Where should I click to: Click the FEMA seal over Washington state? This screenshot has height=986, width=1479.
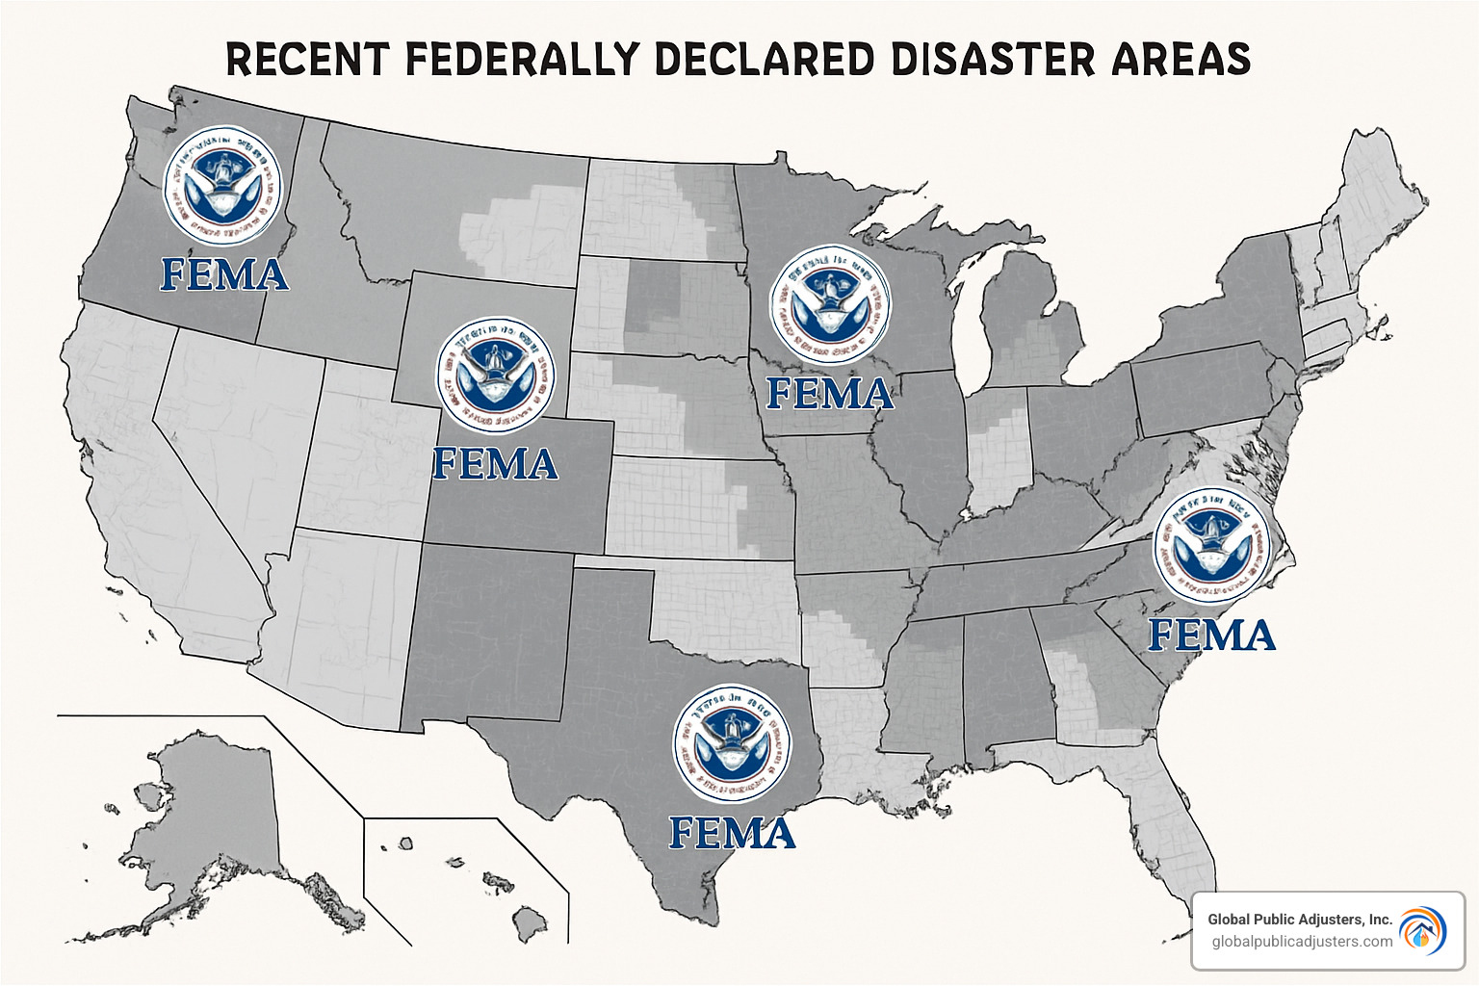(x=223, y=186)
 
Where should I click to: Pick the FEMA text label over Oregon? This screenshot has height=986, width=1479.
(x=224, y=275)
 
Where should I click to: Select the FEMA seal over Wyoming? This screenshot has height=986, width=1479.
(x=495, y=376)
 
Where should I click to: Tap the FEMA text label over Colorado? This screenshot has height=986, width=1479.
(x=495, y=464)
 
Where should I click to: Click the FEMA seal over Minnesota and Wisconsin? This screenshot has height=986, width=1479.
(x=830, y=305)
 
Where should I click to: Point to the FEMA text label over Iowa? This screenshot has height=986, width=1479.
(x=830, y=394)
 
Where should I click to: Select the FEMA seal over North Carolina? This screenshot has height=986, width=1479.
(x=1212, y=546)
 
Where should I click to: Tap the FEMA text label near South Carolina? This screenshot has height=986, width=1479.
(x=1212, y=636)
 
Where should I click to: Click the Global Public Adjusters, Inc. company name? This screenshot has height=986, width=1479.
(x=1300, y=920)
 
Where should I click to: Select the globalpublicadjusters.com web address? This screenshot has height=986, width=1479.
(x=1302, y=942)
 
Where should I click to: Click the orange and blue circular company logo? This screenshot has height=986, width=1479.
(x=1423, y=930)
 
